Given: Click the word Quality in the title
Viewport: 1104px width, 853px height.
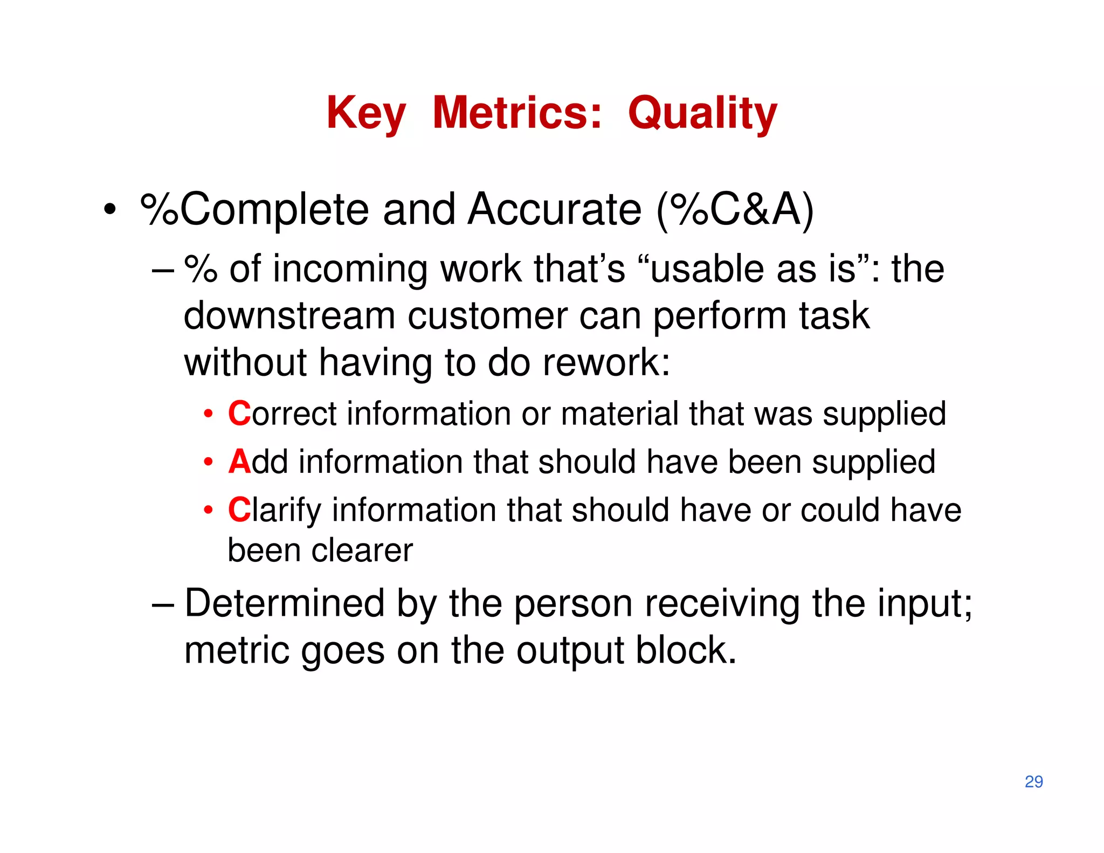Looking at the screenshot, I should [702, 114].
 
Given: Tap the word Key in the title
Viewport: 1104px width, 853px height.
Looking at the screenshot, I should [366, 114].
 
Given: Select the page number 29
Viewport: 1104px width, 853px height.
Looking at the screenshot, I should [1033, 781].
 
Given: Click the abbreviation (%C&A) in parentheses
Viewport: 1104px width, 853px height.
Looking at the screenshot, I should [735, 210].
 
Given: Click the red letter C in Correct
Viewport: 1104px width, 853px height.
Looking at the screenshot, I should [239, 414].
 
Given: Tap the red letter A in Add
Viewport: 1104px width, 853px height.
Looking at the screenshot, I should [239, 462].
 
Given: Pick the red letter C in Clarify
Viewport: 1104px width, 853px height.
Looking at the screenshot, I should [239, 510].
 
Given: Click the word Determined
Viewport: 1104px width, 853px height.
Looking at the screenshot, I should [284, 603].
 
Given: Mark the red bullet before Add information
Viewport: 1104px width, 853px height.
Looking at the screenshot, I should [208, 463].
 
